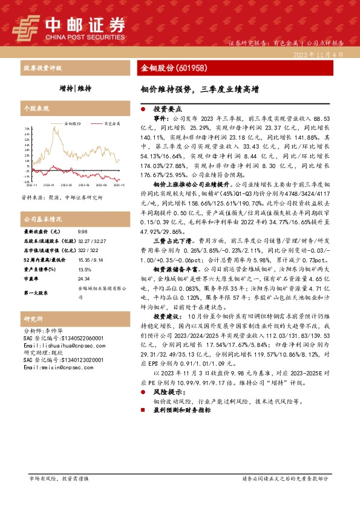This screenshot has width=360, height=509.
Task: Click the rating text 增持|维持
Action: pos(76,88)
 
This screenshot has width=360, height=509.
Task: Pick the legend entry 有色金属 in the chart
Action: pos(111,123)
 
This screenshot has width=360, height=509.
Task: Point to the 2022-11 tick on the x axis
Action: pos(31,186)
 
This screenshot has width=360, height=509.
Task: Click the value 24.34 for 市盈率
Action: pos(84,279)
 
